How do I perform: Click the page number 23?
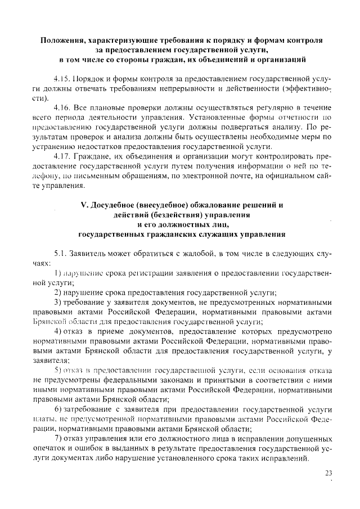point(328,473)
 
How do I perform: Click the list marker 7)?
point(58,438)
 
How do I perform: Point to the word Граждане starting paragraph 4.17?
point(92,152)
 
